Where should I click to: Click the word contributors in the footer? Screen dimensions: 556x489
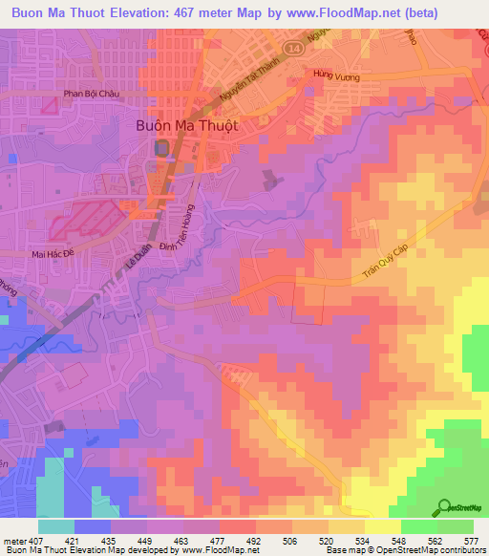462,550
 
